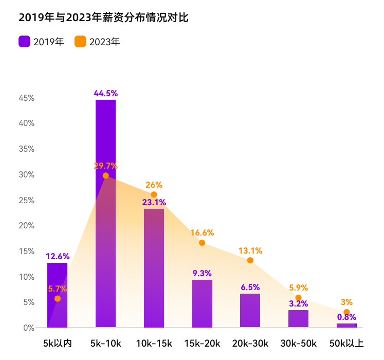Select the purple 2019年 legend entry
[x=41, y=42]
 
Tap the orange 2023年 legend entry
[x=97, y=42]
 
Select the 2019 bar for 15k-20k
[x=202, y=303]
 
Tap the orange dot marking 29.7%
[x=105, y=175]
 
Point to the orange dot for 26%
[x=154, y=194]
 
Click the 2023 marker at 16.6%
[x=202, y=243]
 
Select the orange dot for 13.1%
[x=250, y=260]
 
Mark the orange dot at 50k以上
[x=346, y=312]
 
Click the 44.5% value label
[x=105, y=93]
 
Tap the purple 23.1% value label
[x=154, y=202]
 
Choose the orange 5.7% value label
[x=57, y=289]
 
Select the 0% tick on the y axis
[x=28, y=327]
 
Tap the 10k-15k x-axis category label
[x=154, y=343]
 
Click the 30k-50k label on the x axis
[x=298, y=343]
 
